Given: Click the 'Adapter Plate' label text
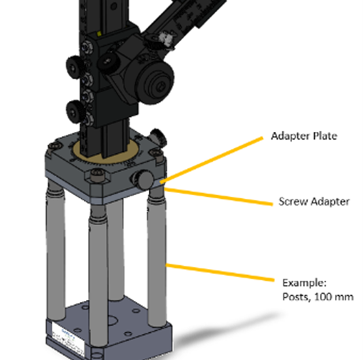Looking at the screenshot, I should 304,136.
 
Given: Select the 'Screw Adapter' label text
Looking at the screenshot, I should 314,202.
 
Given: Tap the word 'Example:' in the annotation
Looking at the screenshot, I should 300,281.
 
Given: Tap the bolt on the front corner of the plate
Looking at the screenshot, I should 96,175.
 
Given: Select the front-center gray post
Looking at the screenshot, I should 97,267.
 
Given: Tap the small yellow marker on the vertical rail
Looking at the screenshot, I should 100,34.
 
